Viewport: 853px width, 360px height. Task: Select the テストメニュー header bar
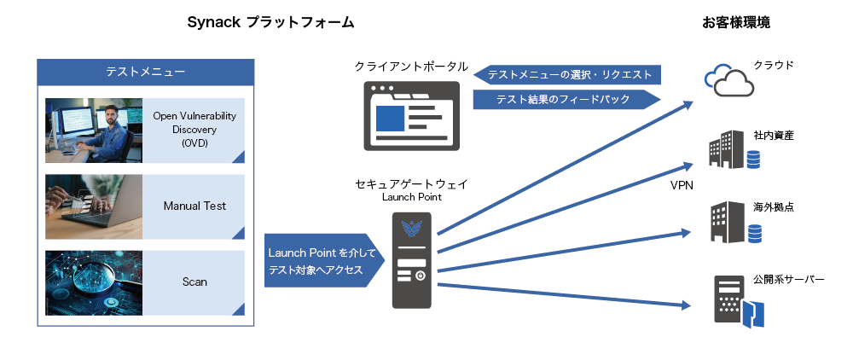pyautogui.click(x=145, y=72)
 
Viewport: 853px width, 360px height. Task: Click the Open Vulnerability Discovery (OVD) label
pyautogui.click(x=194, y=130)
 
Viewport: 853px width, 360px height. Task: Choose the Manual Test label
pyautogui.click(x=194, y=206)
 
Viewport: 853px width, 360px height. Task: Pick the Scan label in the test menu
pyautogui.click(x=194, y=282)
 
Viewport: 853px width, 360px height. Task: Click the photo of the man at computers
pyautogui.click(x=94, y=130)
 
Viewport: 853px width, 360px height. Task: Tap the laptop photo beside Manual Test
pyautogui.click(x=94, y=206)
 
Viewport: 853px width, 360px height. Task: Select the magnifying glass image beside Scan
pyautogui.click(x=94, y=282)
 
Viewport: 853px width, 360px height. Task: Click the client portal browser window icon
pyautogui.click(x=411, y=116)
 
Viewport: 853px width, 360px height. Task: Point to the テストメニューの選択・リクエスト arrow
pyautogui.click(x=568, y=75)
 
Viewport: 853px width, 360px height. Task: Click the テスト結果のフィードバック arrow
pyautogui.click(x=566, y=100)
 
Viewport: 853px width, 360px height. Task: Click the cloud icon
pyautogui.click(x=728, y=80)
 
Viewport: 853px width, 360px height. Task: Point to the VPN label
pyautogui.click(x=682, y=185)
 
